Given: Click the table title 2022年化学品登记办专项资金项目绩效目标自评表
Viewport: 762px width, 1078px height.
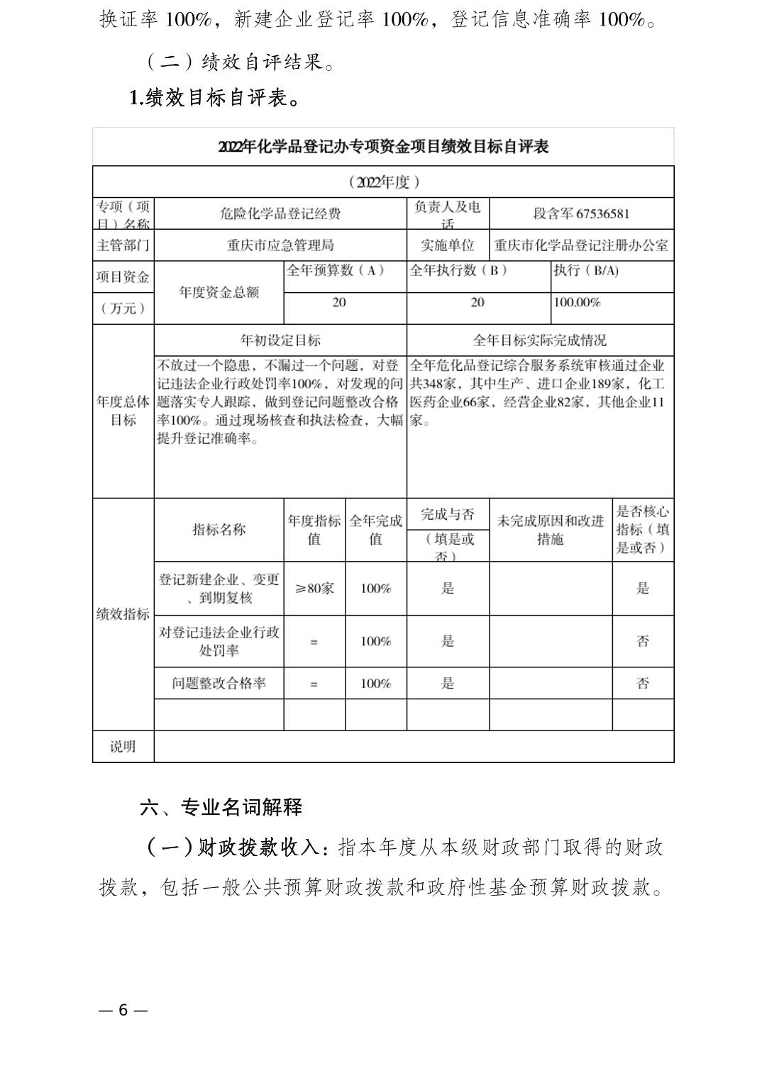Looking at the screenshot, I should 383,147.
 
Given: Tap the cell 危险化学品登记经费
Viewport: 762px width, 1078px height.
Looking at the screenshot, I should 280,213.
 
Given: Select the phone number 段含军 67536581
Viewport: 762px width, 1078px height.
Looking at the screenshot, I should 581,213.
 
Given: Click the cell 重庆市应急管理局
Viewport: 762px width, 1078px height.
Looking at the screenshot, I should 280,245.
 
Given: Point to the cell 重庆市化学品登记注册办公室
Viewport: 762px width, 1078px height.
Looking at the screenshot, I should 581,245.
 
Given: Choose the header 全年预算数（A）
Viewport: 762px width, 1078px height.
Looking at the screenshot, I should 335,270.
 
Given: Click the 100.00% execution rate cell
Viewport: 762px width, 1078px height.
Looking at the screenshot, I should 577,302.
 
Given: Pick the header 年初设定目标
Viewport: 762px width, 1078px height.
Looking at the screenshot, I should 280,340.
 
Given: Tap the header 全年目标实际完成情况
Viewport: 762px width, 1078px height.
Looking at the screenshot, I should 539,340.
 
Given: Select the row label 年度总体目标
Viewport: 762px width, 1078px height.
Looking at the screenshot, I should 123,411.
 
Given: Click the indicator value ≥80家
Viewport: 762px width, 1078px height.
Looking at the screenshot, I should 314,588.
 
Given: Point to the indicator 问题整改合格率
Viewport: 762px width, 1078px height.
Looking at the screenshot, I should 219,684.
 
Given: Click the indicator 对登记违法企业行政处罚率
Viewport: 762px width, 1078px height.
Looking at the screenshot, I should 219,641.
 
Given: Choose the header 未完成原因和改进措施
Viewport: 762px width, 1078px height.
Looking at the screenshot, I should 550,530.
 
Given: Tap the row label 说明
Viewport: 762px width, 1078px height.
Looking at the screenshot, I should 123,747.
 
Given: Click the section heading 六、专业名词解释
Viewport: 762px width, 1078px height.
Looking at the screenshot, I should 221,807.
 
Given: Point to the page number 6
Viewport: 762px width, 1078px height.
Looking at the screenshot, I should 123,1010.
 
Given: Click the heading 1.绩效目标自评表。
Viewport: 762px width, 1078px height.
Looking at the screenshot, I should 215,97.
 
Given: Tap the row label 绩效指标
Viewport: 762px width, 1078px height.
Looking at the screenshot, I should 123,614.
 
